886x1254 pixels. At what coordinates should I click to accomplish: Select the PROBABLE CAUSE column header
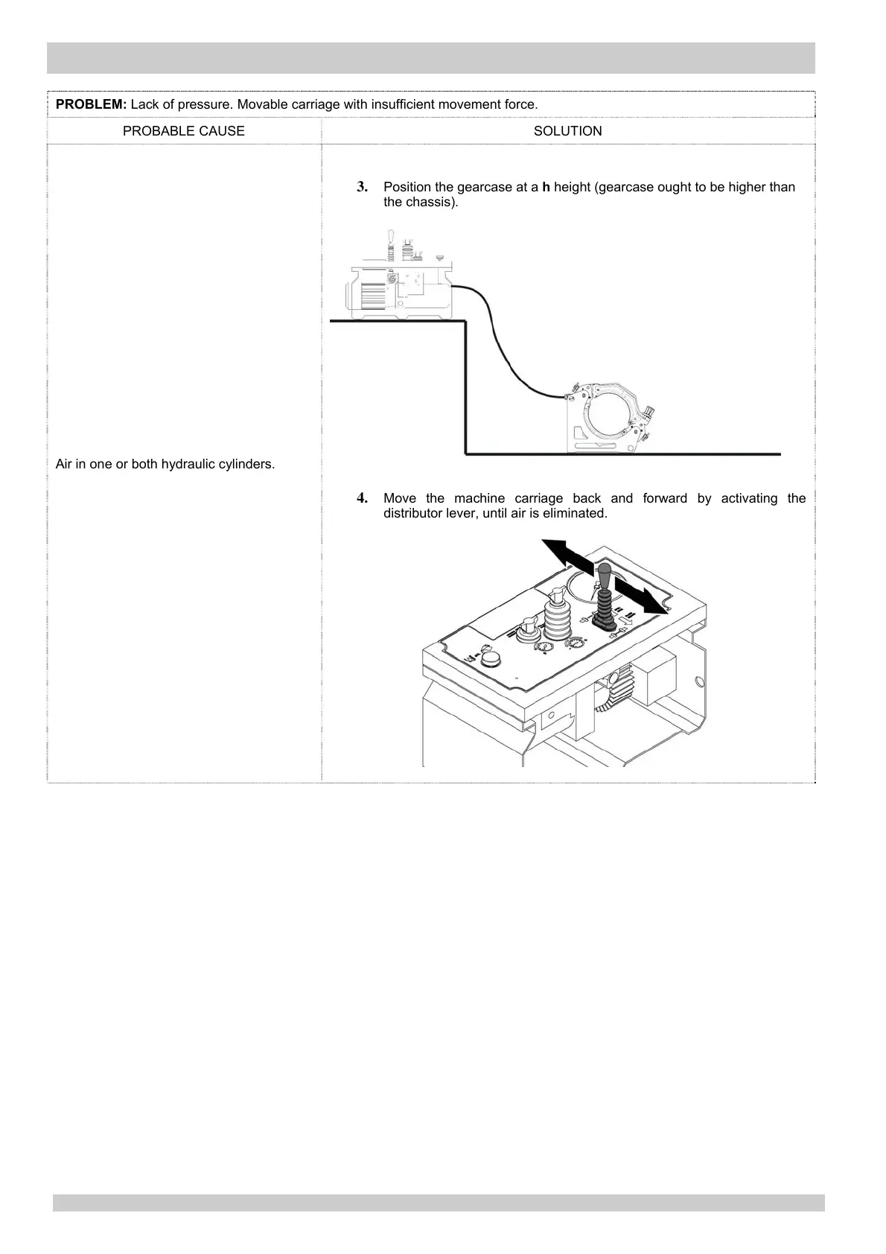click(183, 131)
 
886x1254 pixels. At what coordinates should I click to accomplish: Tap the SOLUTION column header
click(567, 131)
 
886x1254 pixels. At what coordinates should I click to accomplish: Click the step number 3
click(363, 186)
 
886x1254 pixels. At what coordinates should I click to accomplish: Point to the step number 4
click(363, 497)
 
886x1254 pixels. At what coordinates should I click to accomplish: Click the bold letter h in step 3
click(546, 187)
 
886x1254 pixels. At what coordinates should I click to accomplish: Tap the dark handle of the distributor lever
click(605, 578)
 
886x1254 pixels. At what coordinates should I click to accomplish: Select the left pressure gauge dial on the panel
click(546, 644)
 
